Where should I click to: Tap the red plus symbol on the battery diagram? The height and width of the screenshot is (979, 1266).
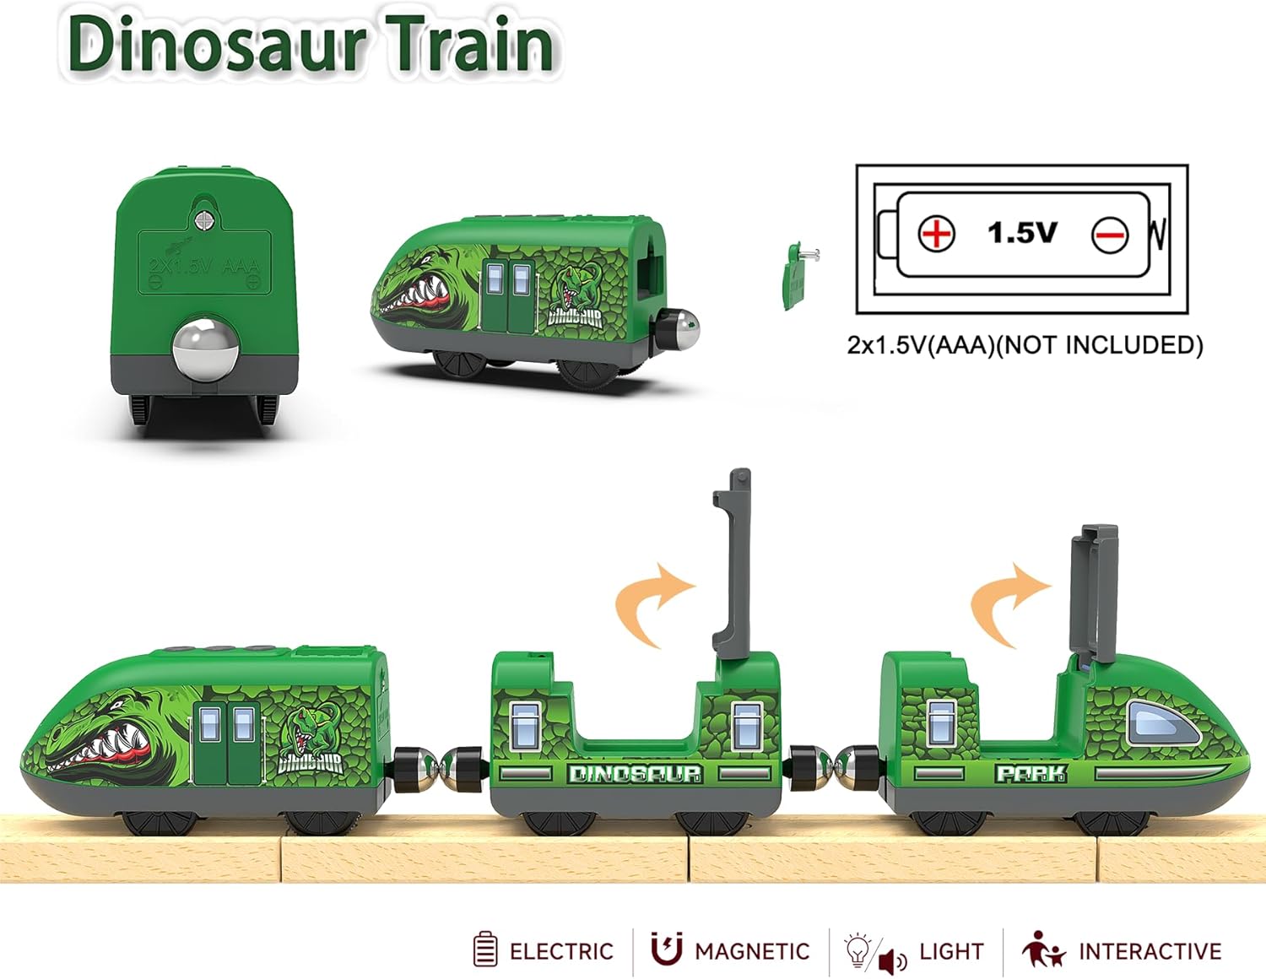tap(936, 233)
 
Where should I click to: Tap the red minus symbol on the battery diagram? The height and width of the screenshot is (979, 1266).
tap(1109, 235)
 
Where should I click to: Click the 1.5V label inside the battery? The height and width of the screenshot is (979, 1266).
tap(1022, 232)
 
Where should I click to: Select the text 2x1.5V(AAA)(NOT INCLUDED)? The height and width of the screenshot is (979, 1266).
tap(1025, 345)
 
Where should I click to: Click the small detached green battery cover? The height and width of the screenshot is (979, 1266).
tap(794, 274)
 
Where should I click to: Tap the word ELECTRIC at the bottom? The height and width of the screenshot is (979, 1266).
tap(561, 952)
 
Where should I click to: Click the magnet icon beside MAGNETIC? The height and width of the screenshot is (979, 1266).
tap(666, 949)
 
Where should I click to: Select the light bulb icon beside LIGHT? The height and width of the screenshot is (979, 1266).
tap(858, 949)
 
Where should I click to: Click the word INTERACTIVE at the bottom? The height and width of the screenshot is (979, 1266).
tap(1150, 952)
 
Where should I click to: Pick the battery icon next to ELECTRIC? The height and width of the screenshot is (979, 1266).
tap(485, 949)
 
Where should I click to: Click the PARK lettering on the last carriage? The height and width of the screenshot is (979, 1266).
tap(1031, 773)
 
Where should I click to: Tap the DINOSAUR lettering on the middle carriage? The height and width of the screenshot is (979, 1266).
tap(635, 773)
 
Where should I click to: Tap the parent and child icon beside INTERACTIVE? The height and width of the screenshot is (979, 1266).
tap(1043, 949)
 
